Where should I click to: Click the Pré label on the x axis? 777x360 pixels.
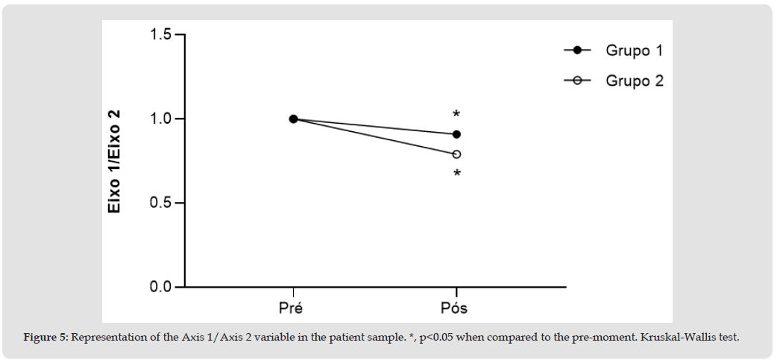click(x=293, y=307)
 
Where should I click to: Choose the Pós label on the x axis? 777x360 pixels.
click(x=456, y=307)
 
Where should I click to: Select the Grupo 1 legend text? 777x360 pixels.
click(x=634, y=51)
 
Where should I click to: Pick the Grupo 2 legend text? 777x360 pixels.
click(x=634, y=80)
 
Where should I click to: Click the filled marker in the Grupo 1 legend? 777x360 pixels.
click(x=577, y=50)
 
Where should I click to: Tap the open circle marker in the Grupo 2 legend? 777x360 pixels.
click(x=577, y=80)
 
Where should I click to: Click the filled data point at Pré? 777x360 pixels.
click(x=294, y=119)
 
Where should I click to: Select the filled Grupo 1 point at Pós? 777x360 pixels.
click(x=456, y=134)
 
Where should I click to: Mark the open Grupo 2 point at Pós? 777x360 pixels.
click(x=456, y=154)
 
